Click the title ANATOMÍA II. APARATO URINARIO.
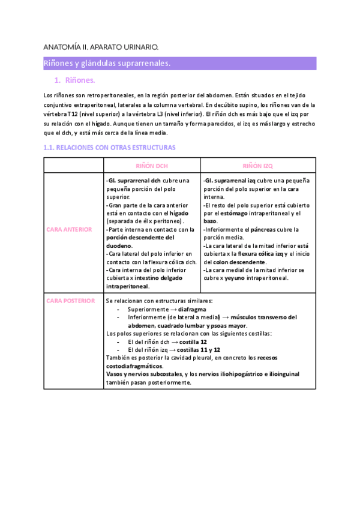click(101, 46)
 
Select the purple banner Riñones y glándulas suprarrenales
click(107, 63)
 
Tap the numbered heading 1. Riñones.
click(75, 80)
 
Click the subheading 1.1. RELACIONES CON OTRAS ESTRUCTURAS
click(110, 147)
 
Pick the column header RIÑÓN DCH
click(152, 165)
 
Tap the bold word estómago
click(233, 212)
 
